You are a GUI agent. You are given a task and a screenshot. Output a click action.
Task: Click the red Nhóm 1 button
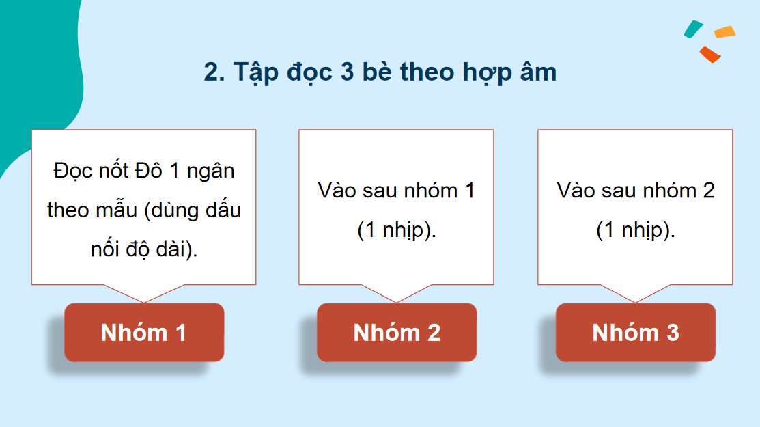(144, 333)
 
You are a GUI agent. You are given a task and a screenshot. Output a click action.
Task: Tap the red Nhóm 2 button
(397, 333)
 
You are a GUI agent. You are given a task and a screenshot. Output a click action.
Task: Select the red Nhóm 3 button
(636, 333)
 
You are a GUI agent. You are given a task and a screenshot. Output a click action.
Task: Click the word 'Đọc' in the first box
(72, 170)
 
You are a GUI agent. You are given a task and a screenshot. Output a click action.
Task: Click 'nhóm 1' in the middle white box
(442, 190)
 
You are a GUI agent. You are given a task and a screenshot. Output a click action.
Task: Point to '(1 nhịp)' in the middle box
(397, 231)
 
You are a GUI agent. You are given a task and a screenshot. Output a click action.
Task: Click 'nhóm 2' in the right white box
(681, 190)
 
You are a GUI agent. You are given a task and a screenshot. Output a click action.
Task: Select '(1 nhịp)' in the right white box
(636, 231)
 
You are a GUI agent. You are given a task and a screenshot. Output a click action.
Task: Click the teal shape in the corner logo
(694, 28)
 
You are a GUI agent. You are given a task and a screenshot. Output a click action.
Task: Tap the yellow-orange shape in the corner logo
(724, 31)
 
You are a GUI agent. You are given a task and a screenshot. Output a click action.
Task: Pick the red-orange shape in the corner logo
(710, 54)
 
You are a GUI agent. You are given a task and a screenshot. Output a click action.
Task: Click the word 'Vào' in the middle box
(337, 190)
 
